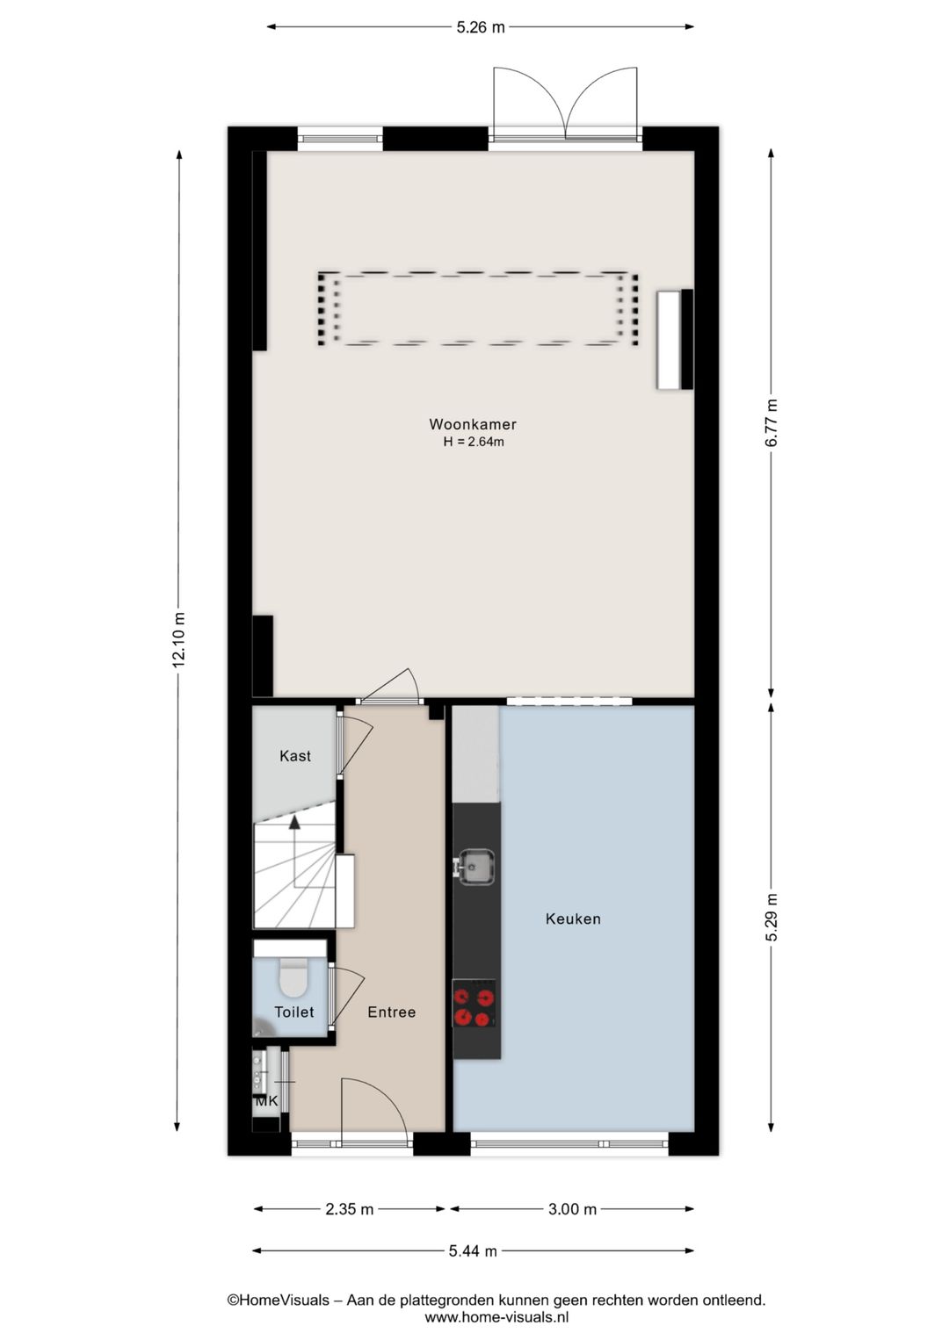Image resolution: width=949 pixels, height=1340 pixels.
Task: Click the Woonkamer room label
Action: (473, 424)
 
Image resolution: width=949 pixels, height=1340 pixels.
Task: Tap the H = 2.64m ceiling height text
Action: (474, 443)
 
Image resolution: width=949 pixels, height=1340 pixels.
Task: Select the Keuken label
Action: (573, 919)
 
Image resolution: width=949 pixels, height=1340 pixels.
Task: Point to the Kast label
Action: (295, 756)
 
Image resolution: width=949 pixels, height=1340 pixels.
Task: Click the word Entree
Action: (392, 1012)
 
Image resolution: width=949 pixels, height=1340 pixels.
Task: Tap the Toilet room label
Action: (294, 1012)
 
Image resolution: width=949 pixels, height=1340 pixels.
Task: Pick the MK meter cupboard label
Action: (266, 1101)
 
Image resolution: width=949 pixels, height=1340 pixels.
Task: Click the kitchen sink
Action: (476, 867)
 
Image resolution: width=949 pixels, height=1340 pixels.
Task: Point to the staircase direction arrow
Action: (294, 822)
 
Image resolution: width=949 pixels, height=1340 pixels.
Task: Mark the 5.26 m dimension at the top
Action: (481, 27)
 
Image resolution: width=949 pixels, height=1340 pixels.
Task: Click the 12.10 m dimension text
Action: (179, 638)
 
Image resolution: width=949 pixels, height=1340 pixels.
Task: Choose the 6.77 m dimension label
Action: (772, 423)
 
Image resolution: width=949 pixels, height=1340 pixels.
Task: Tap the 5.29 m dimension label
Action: (772, 918)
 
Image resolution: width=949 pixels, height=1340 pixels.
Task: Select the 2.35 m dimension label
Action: (350, 1209)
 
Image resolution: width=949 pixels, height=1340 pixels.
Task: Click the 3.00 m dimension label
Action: (572, 1209)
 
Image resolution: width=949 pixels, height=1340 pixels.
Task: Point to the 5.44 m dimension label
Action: (473, 1251)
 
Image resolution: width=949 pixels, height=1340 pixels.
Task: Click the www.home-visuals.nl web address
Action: (496, 1317)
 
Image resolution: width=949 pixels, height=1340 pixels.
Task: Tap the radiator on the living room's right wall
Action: (674, 339)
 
